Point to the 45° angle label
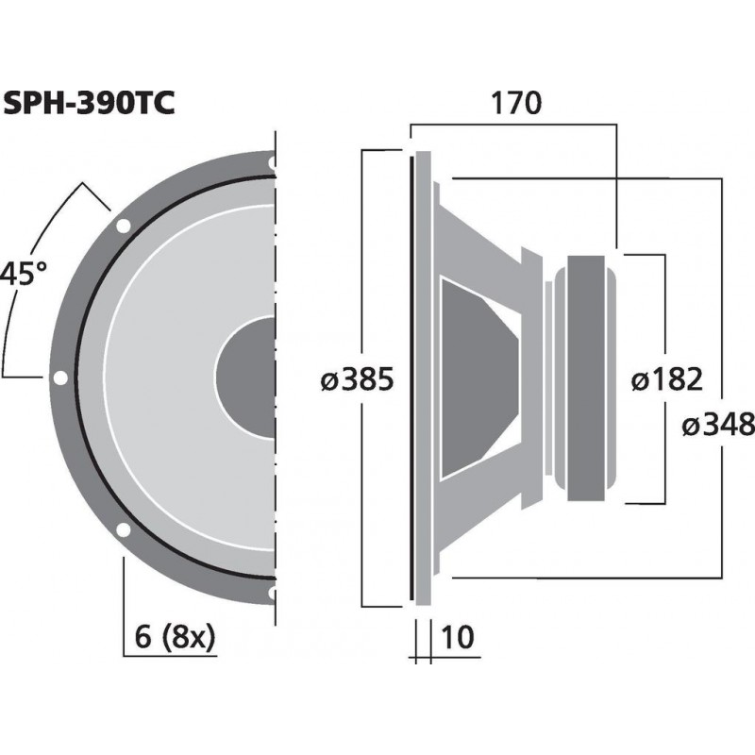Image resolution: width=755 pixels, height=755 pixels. (x=24, y=275)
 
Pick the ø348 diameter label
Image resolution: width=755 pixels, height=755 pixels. (x=720, y=425)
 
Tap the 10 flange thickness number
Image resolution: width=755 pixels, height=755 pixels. (x=456, y=638)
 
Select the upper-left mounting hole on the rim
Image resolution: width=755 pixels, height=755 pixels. (x=123, y=226)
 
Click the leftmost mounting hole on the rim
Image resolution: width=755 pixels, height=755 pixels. (x=60, y=378)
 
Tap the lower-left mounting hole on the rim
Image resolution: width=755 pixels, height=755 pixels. (x=123, y=529)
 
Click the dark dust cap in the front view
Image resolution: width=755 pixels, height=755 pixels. (x=245, y=377)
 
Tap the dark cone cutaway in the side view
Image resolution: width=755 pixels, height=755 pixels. (x=477, y=377)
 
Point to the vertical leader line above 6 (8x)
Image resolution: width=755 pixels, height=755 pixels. (x=125, y=604)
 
